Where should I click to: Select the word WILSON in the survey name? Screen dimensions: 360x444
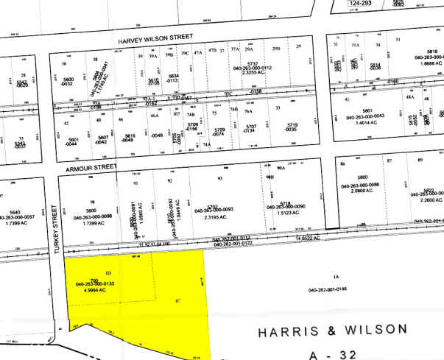pyautogui.click(x=373, y=328)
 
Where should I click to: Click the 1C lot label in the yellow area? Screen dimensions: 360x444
pyautogui.click(x=177, y=300)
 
